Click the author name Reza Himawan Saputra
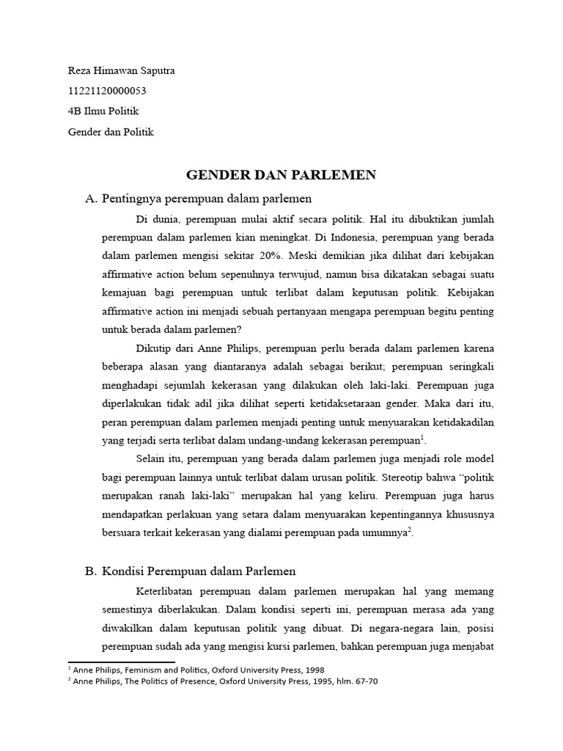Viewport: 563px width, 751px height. click(x=121, y=71)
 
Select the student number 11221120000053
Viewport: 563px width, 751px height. click(x=111, y=91)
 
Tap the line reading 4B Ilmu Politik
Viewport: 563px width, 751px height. click(x=103, y=111)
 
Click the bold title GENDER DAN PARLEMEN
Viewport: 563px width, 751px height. click(x=281, y=175)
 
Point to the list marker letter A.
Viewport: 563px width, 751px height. click(x=91, y=198)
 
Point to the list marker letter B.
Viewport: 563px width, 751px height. click(x=91, y=570)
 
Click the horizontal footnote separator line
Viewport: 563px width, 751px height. click(x=121, y=662)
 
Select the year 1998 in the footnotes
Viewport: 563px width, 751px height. click(x=312, y=670)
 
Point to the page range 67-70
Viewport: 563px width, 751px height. click(x=364, y=681)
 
